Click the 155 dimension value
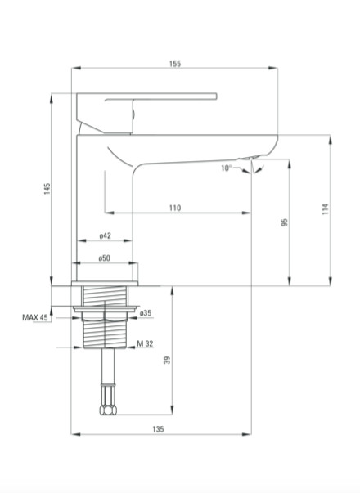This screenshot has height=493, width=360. pos(175,64)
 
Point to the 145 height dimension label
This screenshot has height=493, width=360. pos(47,189)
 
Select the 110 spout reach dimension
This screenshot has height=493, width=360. pos(175,208)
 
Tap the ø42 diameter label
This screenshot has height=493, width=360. pos(105,235)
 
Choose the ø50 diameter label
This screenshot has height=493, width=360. pos(105,258)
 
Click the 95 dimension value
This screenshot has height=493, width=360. pos(285,222)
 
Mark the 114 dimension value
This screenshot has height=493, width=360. pos(326,209)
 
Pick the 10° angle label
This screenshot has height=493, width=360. pos(226,168)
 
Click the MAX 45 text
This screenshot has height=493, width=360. pos(35,317)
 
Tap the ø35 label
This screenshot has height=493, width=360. pos(146,313)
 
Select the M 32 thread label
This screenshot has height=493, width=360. pos(145,343)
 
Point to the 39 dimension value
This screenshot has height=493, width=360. pos(168,360)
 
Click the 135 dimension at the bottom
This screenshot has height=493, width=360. pos(158,429)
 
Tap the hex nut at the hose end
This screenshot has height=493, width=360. pos(108,410)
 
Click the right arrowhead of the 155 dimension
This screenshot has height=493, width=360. pos(273,68)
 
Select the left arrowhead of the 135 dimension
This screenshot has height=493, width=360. pos(76,434)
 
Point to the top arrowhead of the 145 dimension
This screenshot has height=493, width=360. pos(52,98)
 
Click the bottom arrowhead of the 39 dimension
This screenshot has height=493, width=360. pos(172,410)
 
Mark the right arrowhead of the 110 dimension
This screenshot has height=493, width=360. pos(246,213)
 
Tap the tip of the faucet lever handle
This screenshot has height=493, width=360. pos(217,96)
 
